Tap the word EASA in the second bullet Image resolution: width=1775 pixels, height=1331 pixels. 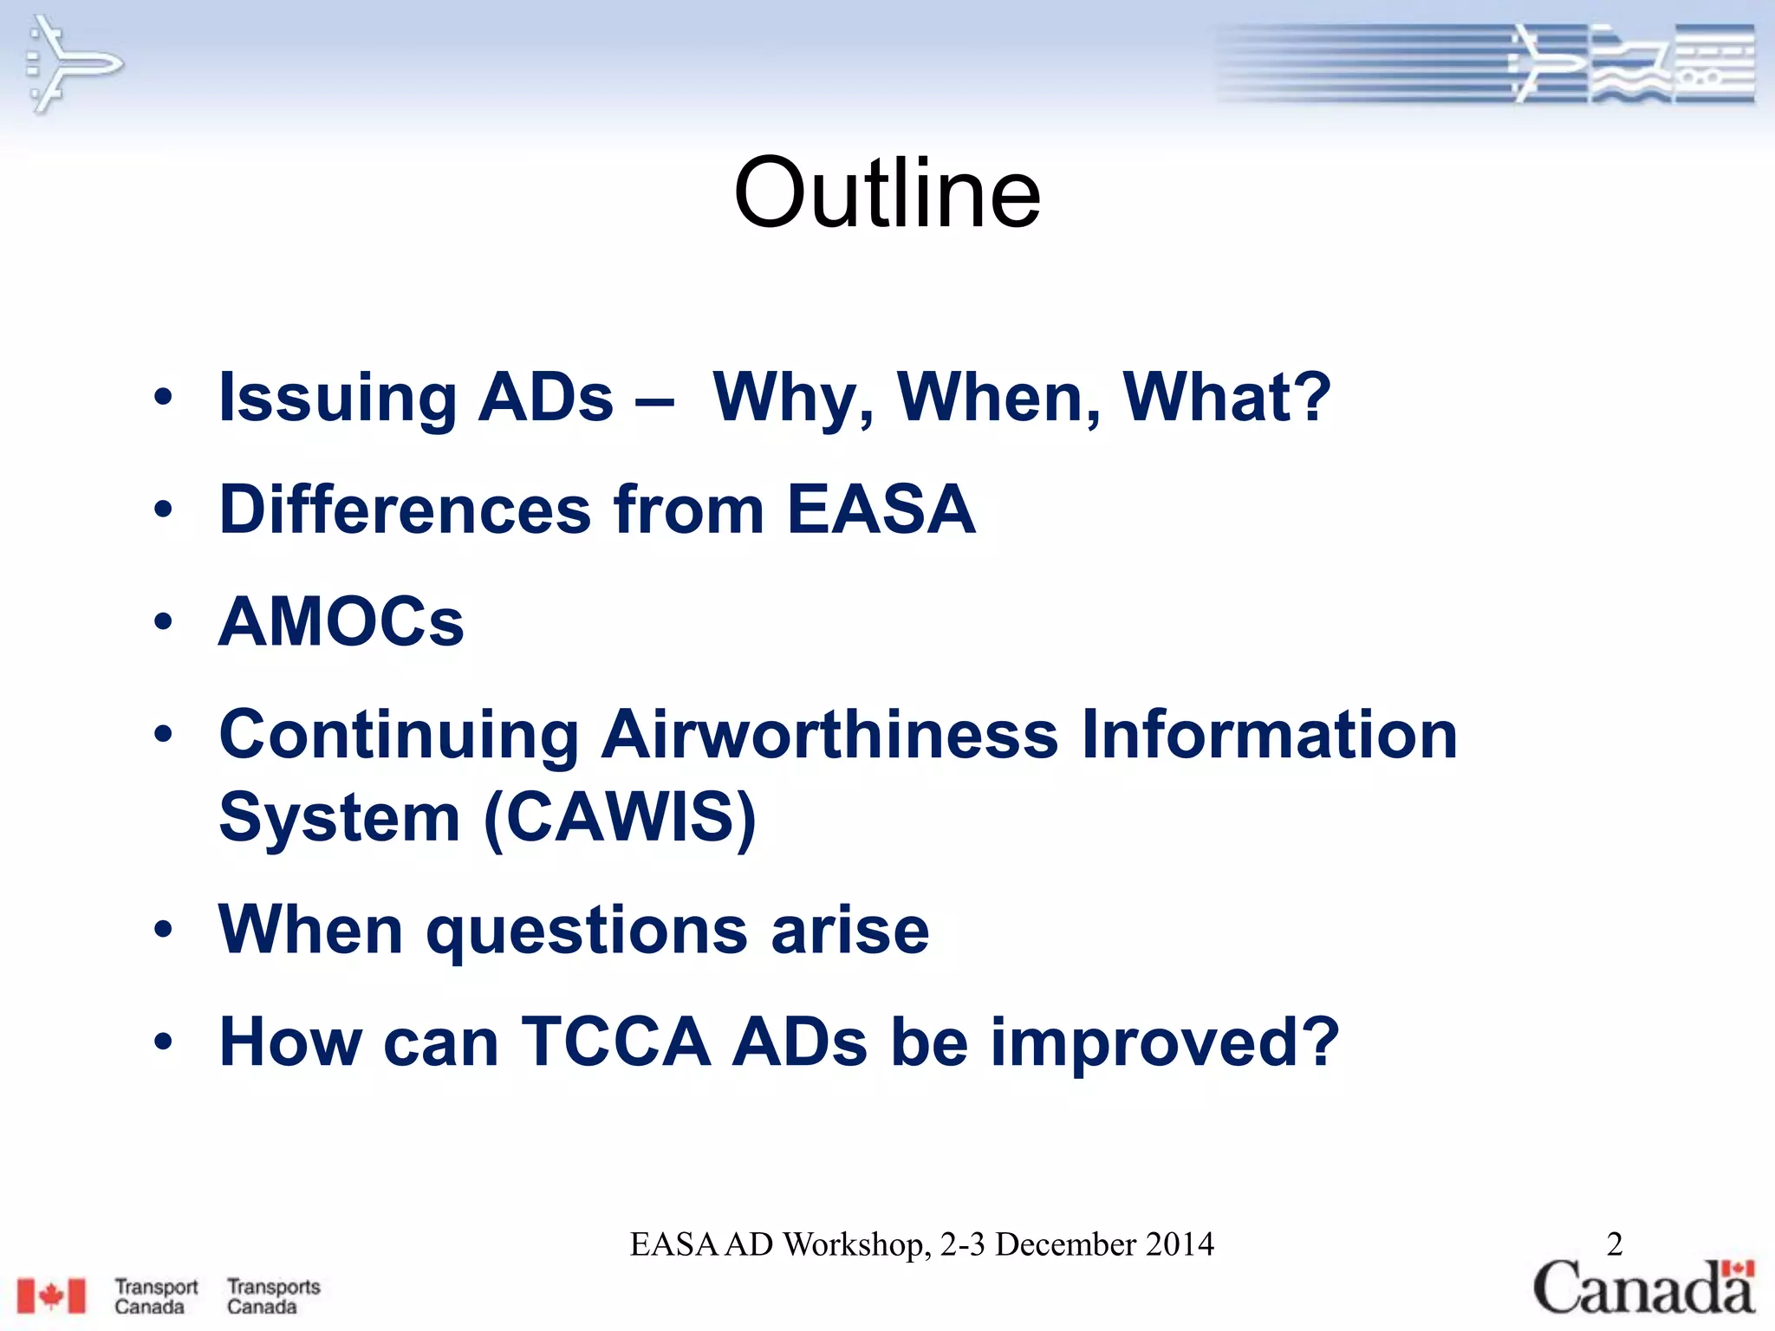tap(881, 510)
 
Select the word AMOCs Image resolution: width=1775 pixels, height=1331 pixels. tap(341, 621)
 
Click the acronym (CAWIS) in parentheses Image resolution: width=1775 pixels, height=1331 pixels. tap(620, 817)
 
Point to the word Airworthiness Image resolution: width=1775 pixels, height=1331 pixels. tap(829, 735)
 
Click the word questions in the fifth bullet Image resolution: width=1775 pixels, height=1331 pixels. tap(587, 930)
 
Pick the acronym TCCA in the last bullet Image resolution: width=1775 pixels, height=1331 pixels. tap(615, 1042)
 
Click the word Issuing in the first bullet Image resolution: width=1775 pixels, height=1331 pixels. tap(337, 398)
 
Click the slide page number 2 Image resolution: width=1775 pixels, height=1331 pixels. tap(1614, 1244)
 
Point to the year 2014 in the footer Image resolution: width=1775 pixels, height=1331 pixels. tap(1179, 1244)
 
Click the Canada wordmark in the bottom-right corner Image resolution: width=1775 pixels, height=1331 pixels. tap(1643, 1288)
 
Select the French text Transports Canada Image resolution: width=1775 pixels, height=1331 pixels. tap(273, 1296)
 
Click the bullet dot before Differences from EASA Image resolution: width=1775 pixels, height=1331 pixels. tap(163, 510)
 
